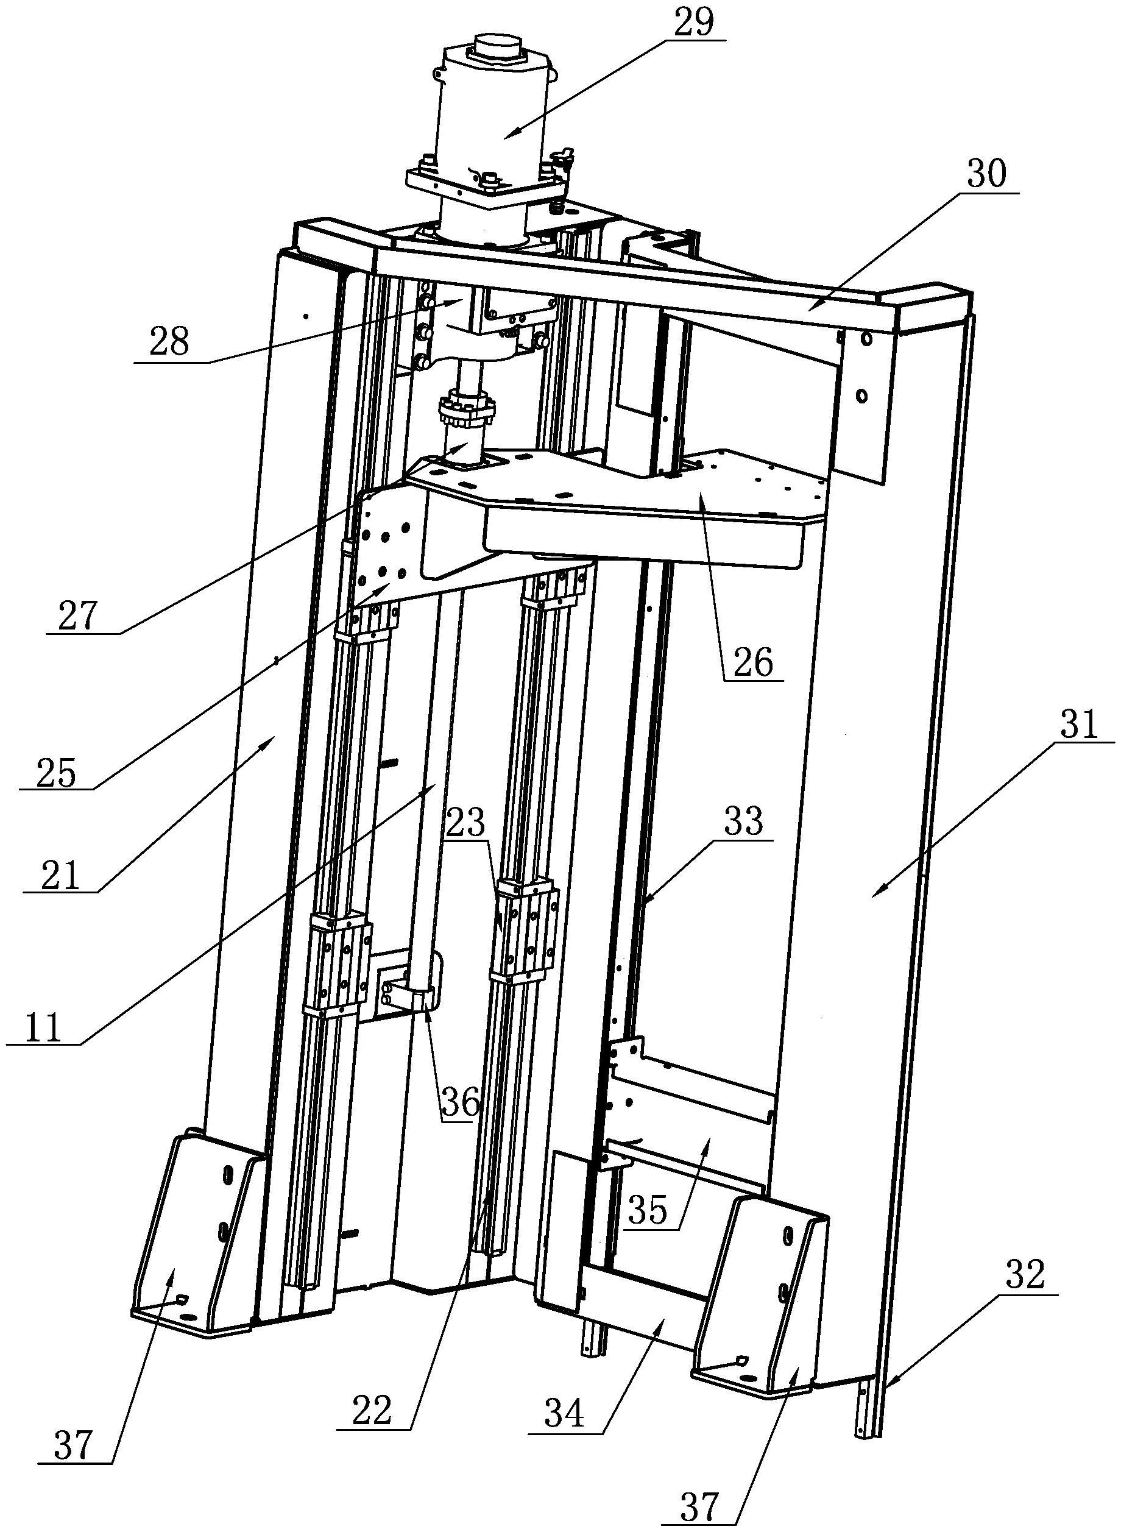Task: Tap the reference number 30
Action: click(x=988, y=174)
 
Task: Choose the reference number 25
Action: click(x=55, y=773)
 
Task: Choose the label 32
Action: click(x=1025, y=1275)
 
